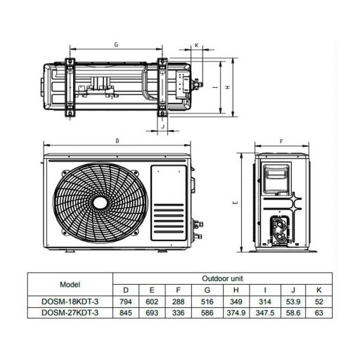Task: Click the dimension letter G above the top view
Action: [116, 44]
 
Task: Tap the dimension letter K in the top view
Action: [197, 45]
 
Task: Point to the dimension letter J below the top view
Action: [163, 127]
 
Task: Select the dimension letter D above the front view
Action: [117, 141]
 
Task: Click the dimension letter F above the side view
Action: [282, 141]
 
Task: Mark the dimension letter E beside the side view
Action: [236, 202]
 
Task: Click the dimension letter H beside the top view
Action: [227, 87]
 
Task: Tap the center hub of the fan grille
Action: [101, 202]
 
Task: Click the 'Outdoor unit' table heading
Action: [222, 278]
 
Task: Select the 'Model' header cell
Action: [70, 284]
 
